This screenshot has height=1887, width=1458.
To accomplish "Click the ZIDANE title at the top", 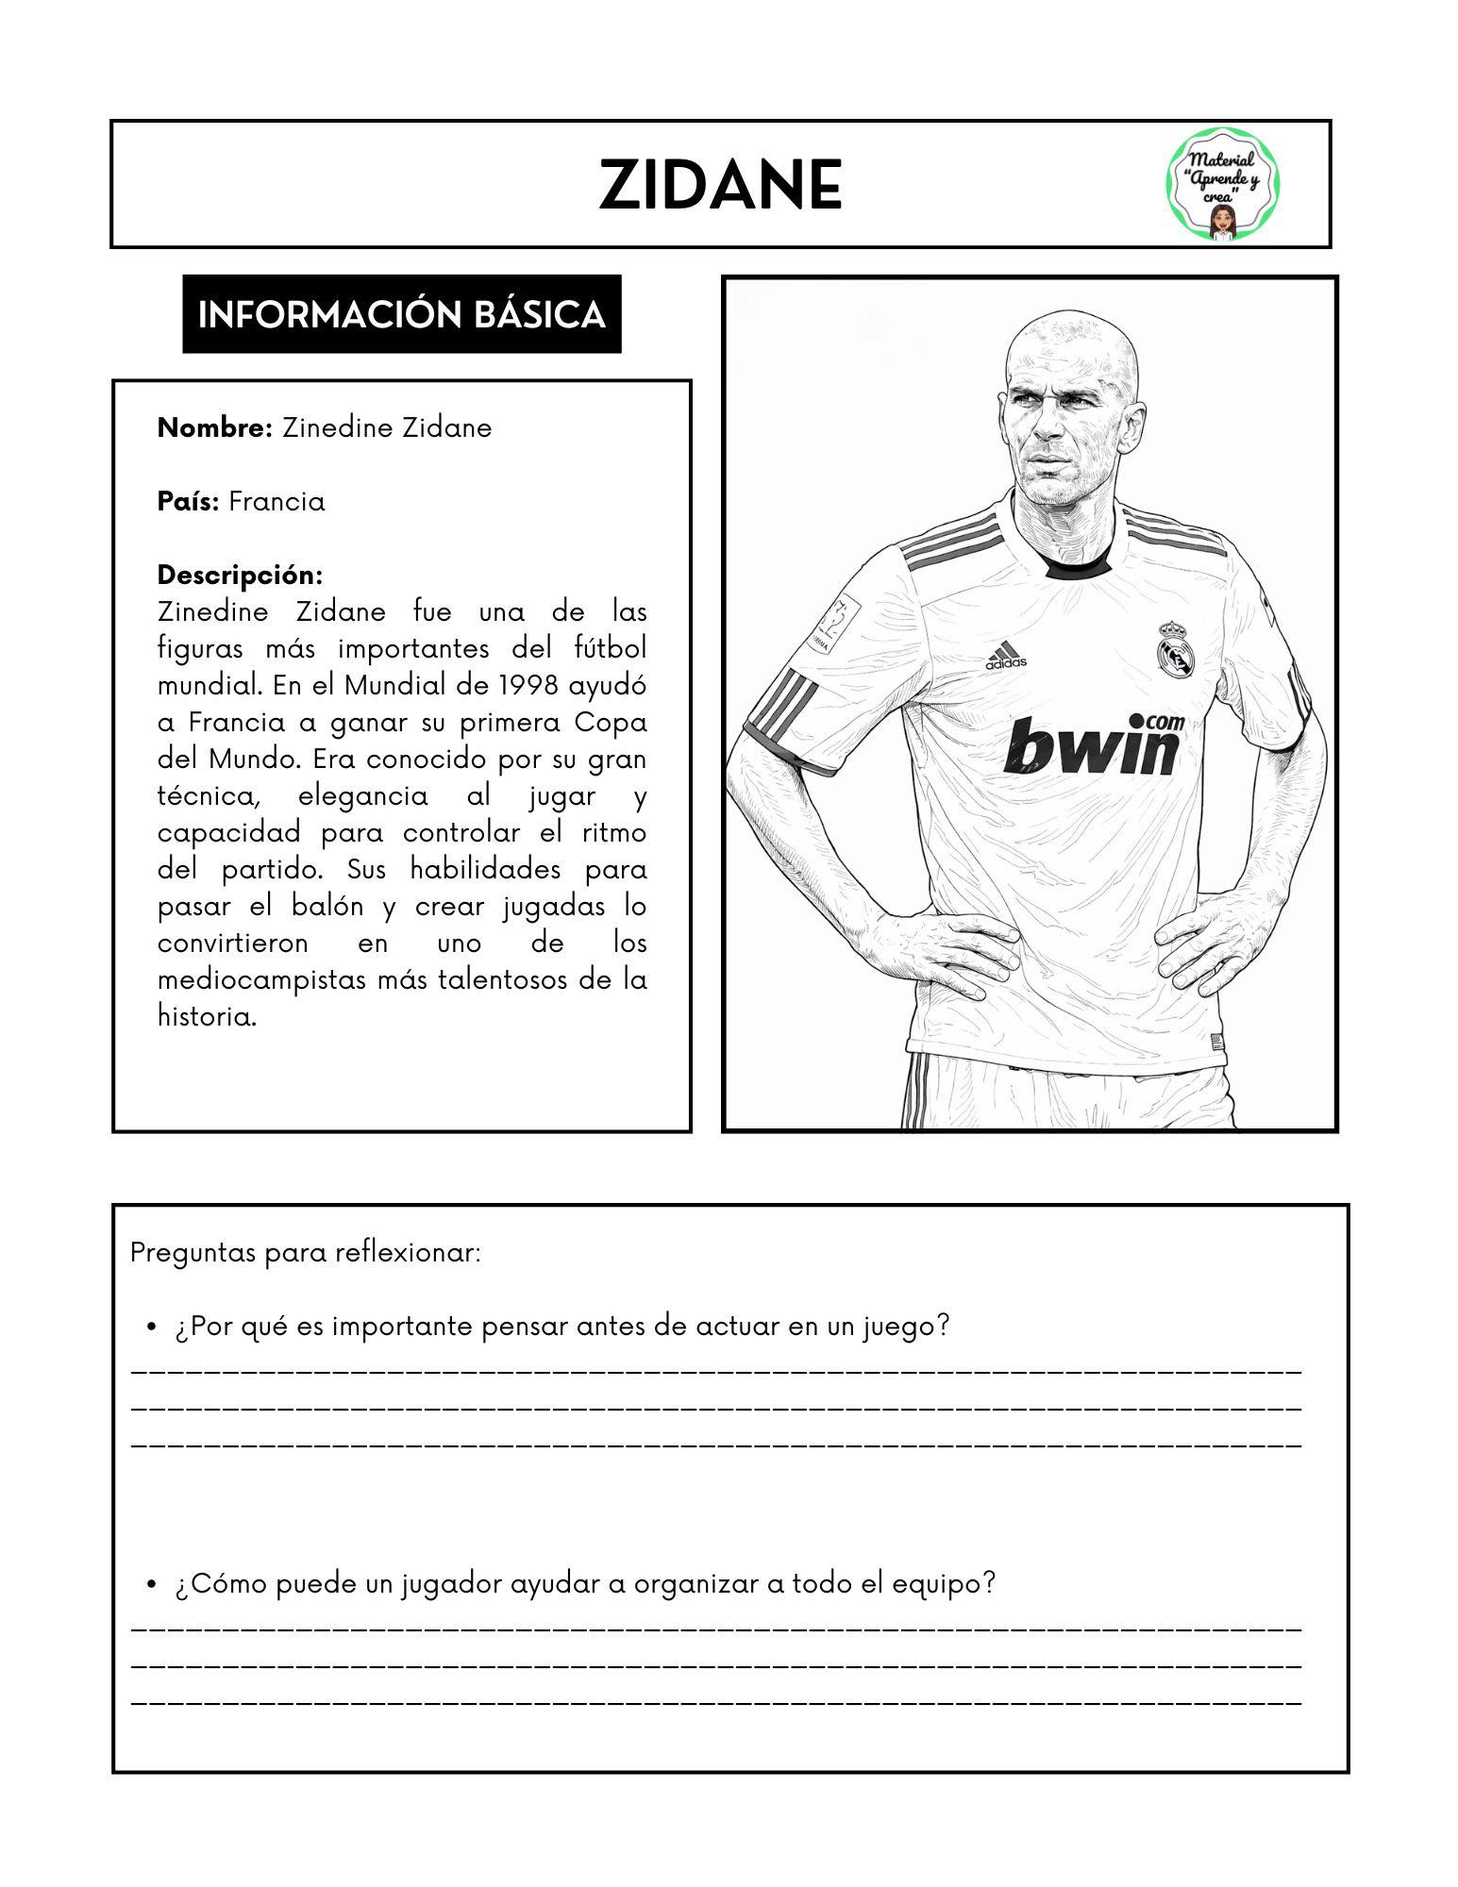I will (720, 186).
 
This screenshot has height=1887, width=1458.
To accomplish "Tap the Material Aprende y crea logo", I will (1223, 185).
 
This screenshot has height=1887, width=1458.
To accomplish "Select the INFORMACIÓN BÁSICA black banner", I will (401, 314).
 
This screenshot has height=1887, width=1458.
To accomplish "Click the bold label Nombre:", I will (215, 427).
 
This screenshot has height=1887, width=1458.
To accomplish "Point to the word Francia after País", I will (277, 501).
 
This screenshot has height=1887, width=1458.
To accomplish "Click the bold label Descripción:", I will (240, 575).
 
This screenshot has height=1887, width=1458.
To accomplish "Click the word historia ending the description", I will (207, 1016).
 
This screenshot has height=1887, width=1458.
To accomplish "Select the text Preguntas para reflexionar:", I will (306, 1253).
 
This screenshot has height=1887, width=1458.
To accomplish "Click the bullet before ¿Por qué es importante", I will (151, 1328).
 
